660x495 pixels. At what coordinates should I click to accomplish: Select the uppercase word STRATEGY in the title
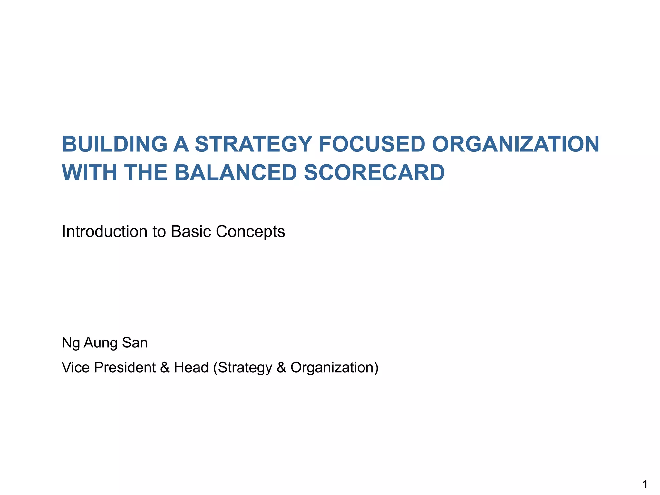[x=253, y=144]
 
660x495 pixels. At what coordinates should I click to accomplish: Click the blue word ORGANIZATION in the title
[x=515, y=144]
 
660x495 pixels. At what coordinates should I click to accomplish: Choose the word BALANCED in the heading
[x=235, y=173]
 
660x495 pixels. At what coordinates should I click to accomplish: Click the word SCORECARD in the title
[x=374, y=173]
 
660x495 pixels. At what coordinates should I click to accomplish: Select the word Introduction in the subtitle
[x=104, y=231]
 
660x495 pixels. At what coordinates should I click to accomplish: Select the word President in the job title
[x=125, y=367]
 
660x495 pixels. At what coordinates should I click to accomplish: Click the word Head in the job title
[x=191, y=367]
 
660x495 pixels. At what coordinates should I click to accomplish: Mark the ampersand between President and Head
[x=165, y=367]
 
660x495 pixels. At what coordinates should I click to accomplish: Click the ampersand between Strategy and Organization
[x=281, y=367]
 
